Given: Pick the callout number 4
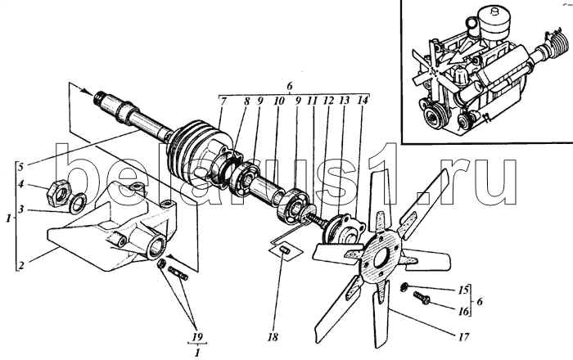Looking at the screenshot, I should pos(22,184).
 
